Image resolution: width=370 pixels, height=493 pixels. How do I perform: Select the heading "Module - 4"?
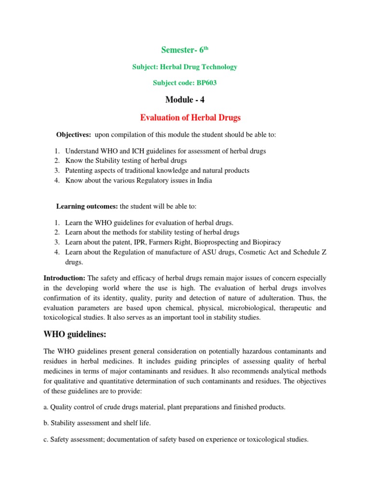[185, 100]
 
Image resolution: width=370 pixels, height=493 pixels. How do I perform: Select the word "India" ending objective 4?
[203, 181]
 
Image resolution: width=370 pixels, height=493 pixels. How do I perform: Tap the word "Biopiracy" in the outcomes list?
[267, 242]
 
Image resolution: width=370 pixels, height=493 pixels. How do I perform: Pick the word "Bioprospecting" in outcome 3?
[215, 242]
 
